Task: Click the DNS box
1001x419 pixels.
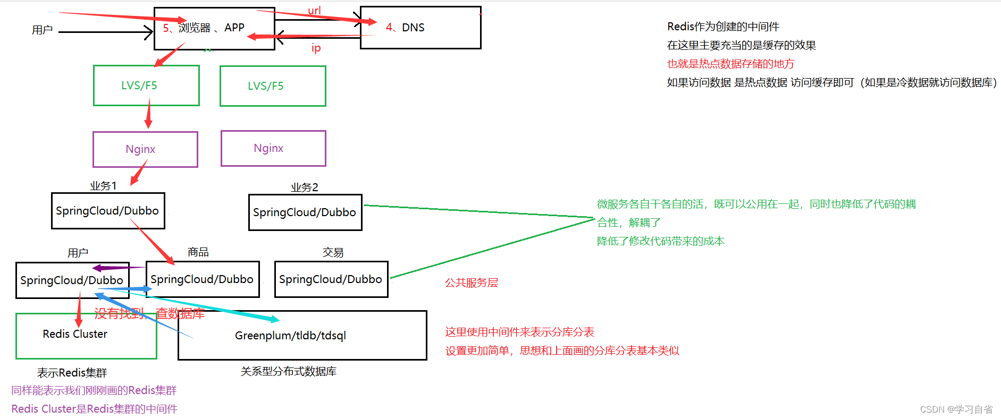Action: [420, 28]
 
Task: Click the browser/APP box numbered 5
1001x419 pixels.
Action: [214, 28]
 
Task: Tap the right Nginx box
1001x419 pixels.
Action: [273, 148]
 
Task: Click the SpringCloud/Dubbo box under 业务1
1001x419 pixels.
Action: [108, 211]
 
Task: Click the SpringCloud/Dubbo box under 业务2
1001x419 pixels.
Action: [305, 212]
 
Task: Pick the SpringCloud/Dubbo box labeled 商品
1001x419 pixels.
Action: [203, 279]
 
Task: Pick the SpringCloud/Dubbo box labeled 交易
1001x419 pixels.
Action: [331, 279]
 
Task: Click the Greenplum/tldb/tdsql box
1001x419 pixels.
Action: [302, 336]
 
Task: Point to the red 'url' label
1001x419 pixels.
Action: [314, 11]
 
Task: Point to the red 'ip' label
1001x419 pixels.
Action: [316, 48]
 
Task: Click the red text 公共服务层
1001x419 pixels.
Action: [472, 283]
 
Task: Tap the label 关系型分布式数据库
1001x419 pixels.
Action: [288, 372]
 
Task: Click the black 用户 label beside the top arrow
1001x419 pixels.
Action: [42, 30]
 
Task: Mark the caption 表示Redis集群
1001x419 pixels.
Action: [72, 373]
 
